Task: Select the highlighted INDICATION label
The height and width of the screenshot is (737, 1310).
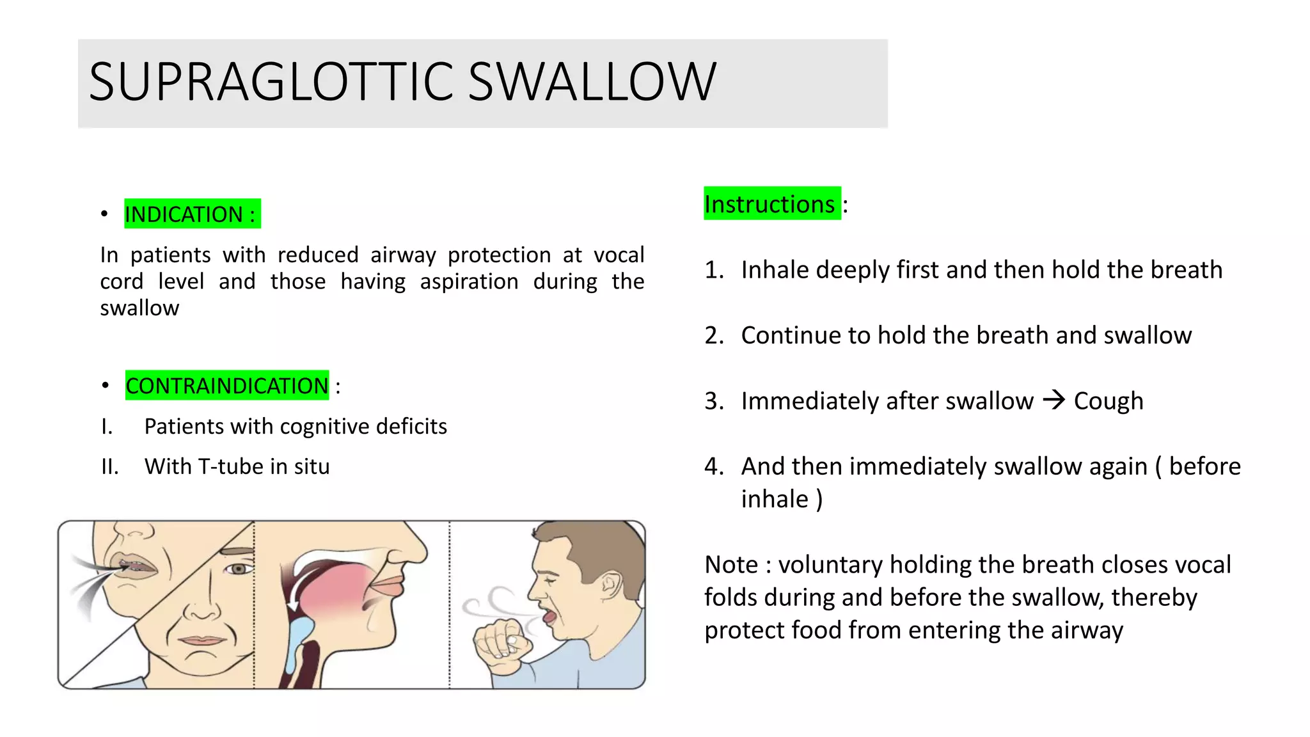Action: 192,214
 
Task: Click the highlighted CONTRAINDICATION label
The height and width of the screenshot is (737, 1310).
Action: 227,386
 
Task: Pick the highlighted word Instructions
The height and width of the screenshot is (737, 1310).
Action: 769,204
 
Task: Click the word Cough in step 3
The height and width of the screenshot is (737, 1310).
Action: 1109,401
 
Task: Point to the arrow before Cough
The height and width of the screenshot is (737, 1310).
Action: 1054,400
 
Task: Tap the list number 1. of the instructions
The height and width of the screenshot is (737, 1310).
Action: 714,270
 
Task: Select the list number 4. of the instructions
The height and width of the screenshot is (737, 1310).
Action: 714,466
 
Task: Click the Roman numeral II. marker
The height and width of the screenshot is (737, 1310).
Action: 110,466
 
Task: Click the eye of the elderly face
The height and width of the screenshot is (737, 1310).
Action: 239,569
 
